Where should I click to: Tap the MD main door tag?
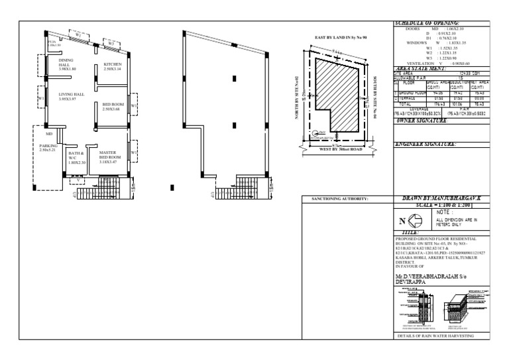49,133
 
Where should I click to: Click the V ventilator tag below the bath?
78,179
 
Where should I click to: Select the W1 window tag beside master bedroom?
134,152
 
